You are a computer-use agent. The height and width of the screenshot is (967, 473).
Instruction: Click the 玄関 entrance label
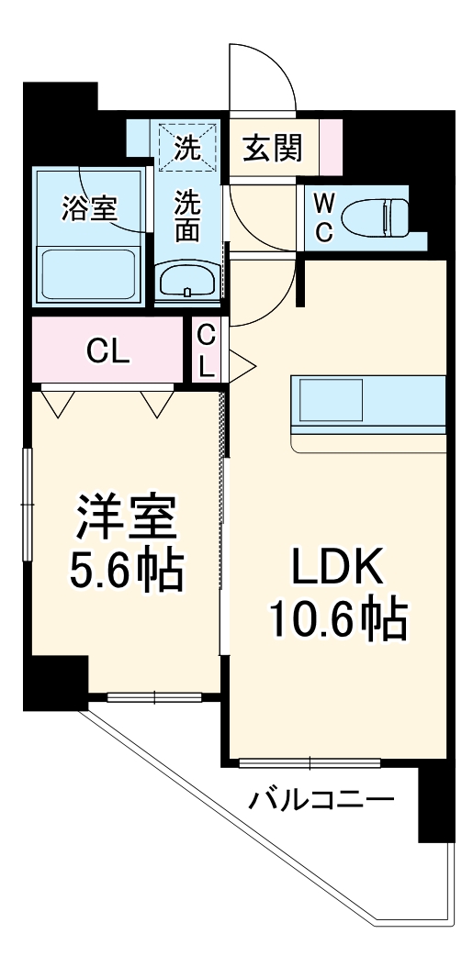pyautogui.click(x=272, y=147)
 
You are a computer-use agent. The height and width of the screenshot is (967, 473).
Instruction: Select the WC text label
pyautogui.click(x=324, y=217)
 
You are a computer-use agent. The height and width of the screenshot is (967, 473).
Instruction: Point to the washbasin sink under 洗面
pyautogui.click(x=187, y=280)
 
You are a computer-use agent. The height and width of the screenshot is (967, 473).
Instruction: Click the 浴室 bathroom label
pyautogui.click(x=88, y=207)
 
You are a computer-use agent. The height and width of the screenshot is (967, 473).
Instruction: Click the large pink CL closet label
pyautogui.click(x=108, y=349)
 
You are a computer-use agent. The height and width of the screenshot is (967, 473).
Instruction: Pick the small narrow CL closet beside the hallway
pyautogui.click(x=208, y=350)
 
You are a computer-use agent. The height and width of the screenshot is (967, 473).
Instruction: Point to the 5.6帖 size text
pyautogui.click(x=126, y=572)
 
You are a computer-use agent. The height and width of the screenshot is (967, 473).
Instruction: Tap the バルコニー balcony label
pyautogui.click(x=321, y=801)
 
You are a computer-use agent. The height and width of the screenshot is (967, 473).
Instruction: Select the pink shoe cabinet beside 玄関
pyautogui.click(x=330, y=146)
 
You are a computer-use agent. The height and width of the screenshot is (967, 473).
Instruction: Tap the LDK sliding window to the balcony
pyautogui.click(x=310, y=761)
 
